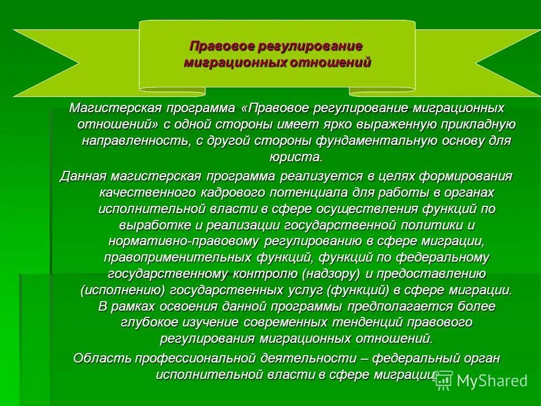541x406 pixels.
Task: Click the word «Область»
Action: (x=100, y=358)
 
